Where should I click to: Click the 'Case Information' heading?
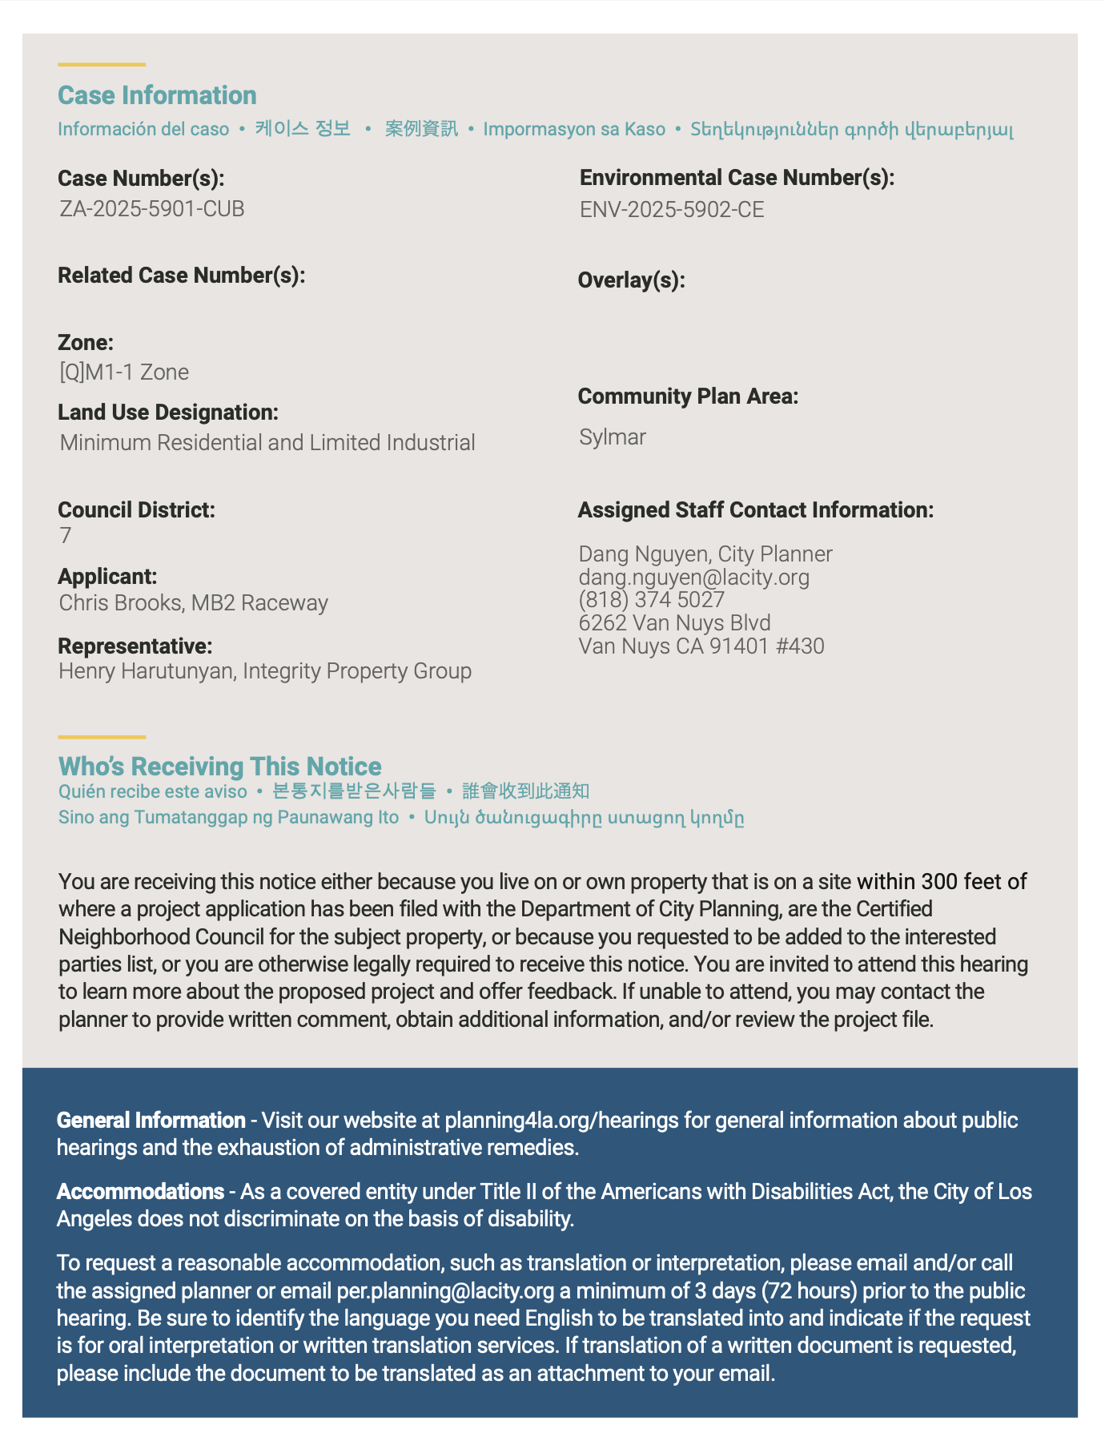pos(157,95)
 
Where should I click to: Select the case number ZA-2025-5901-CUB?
pos(152,209)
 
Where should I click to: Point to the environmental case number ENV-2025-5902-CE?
pos(672,210)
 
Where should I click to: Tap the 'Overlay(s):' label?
pos(631,280)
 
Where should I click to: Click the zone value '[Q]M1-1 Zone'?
pos(124,372)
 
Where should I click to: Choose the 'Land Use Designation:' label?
pos(168,413)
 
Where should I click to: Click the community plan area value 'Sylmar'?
pos(613,437)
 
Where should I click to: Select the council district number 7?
pos(66,536)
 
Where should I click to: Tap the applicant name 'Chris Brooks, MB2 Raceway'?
pos(193,603)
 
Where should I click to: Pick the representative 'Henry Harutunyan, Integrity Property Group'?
pos(265,671)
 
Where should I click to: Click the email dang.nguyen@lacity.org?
pos(694,578)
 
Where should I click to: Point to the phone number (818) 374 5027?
pos(652,600)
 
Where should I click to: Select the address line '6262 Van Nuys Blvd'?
pos(675,623)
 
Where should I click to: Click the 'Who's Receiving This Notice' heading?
pos(219,767)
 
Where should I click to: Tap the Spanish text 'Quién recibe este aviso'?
pos(153,792)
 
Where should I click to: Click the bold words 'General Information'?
pos(151,1121)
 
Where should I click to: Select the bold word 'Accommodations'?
pos(140,1192)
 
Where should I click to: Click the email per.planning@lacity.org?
pos(445,1291)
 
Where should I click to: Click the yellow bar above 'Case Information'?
pos(102,64)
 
